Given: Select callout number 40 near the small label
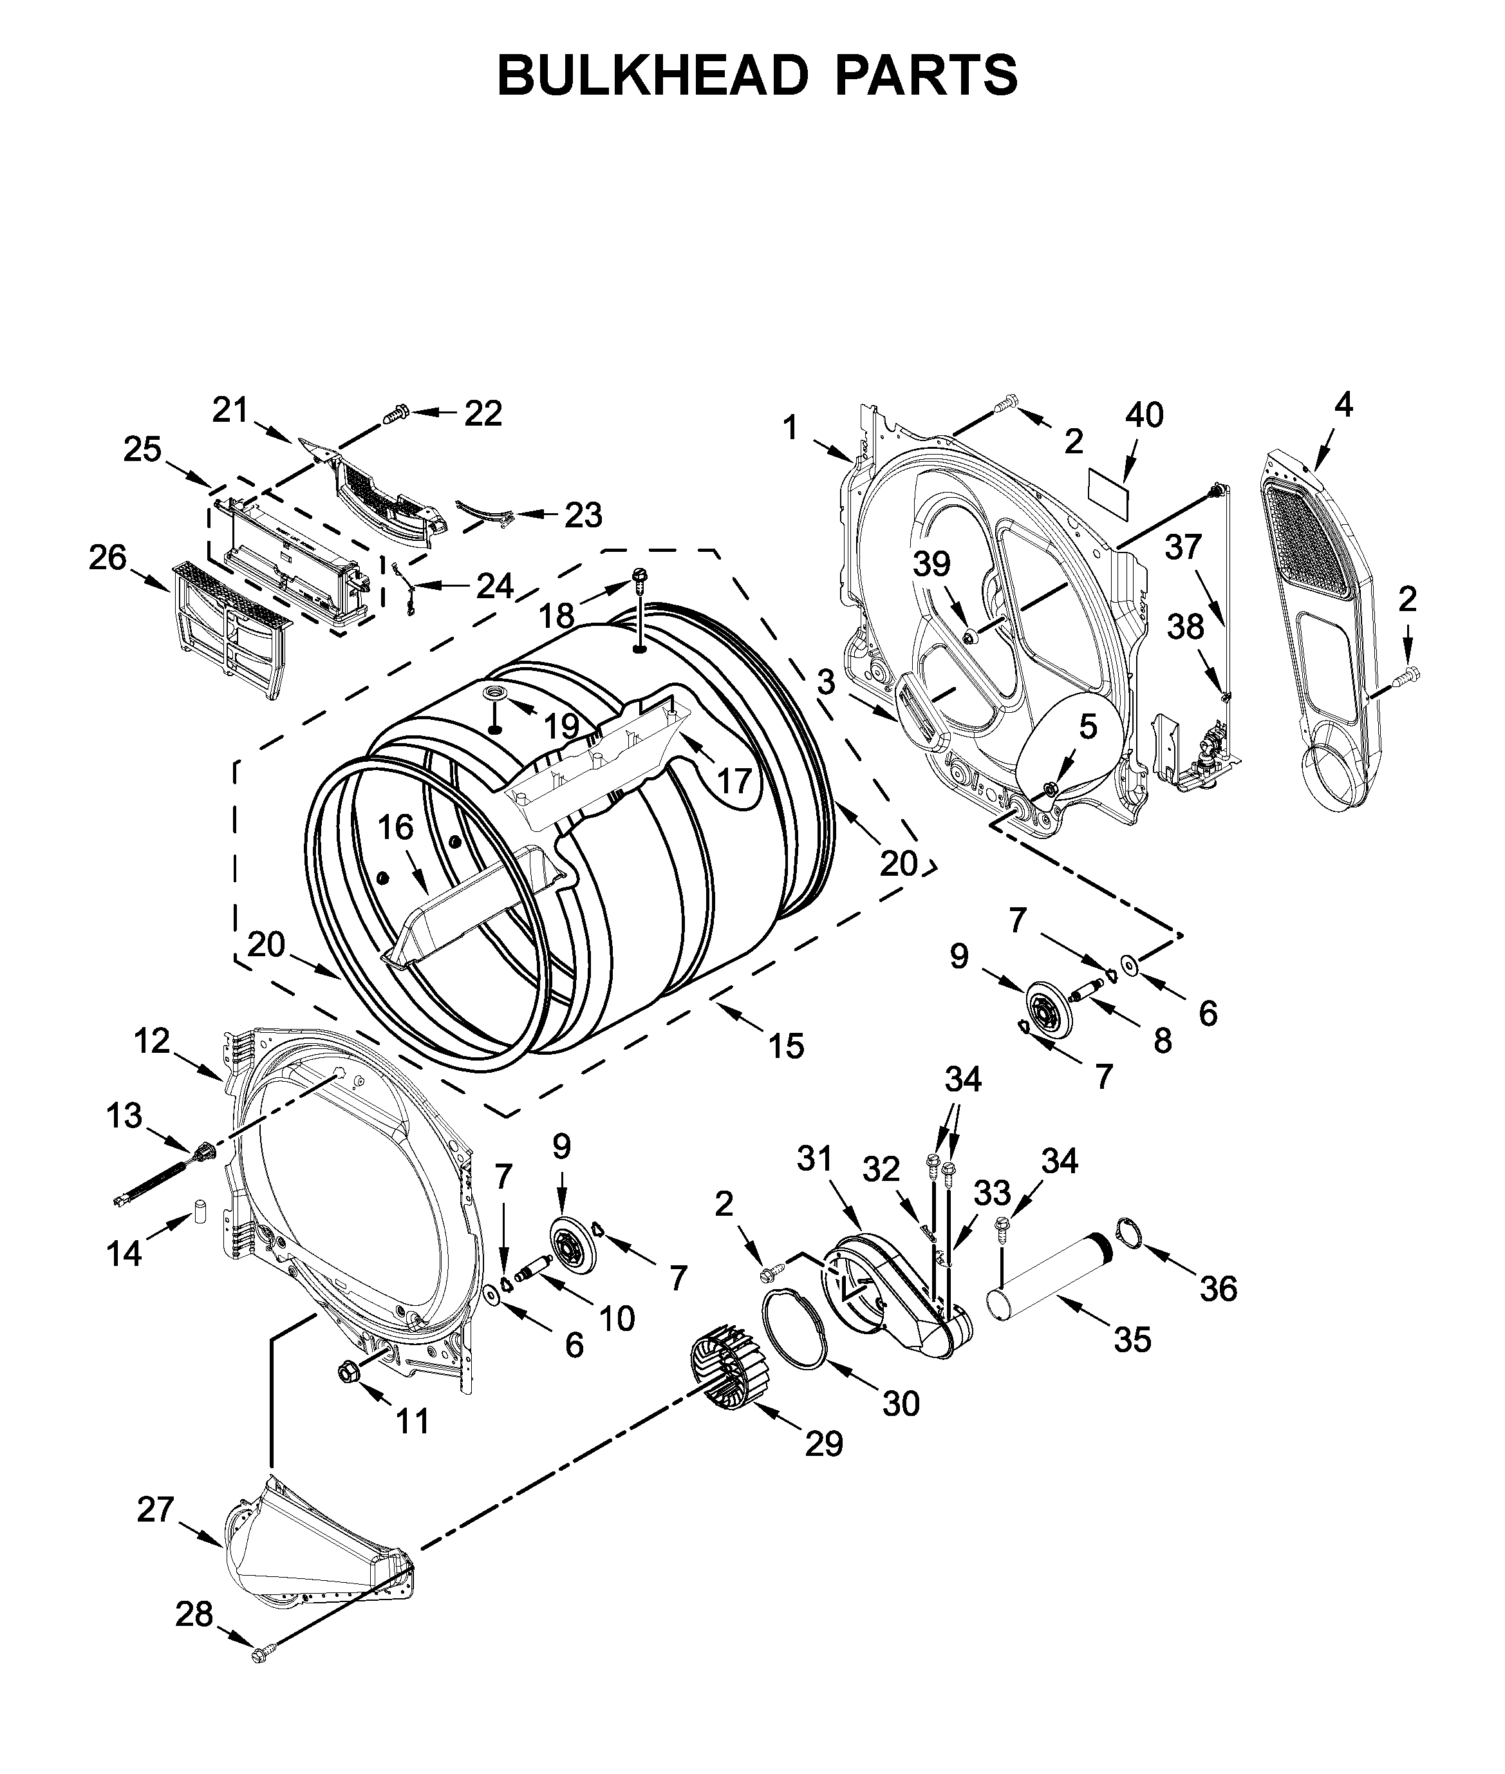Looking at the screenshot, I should point(1144,415).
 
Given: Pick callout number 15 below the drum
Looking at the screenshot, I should point(786,1046).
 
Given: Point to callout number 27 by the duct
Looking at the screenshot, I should point(156,1509).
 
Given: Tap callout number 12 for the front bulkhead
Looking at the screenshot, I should point(152,1041).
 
